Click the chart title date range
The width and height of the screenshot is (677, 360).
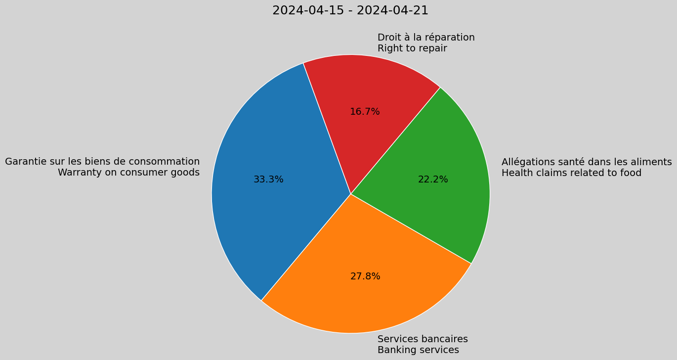350,10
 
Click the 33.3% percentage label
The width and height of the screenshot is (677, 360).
268,180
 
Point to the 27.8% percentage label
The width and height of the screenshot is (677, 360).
365,276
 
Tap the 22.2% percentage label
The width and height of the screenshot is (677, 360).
433,180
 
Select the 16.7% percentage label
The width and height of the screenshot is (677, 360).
365,112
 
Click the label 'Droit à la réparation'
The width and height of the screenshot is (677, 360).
426,38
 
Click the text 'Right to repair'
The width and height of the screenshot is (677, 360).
412,48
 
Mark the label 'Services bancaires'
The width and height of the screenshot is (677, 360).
423,339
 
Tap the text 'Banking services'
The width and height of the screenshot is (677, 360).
418,350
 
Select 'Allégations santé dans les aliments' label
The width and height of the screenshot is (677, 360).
587,162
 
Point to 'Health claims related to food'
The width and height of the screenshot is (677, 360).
571,173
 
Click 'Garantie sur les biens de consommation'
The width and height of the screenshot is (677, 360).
102,162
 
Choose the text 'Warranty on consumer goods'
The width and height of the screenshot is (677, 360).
128,173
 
